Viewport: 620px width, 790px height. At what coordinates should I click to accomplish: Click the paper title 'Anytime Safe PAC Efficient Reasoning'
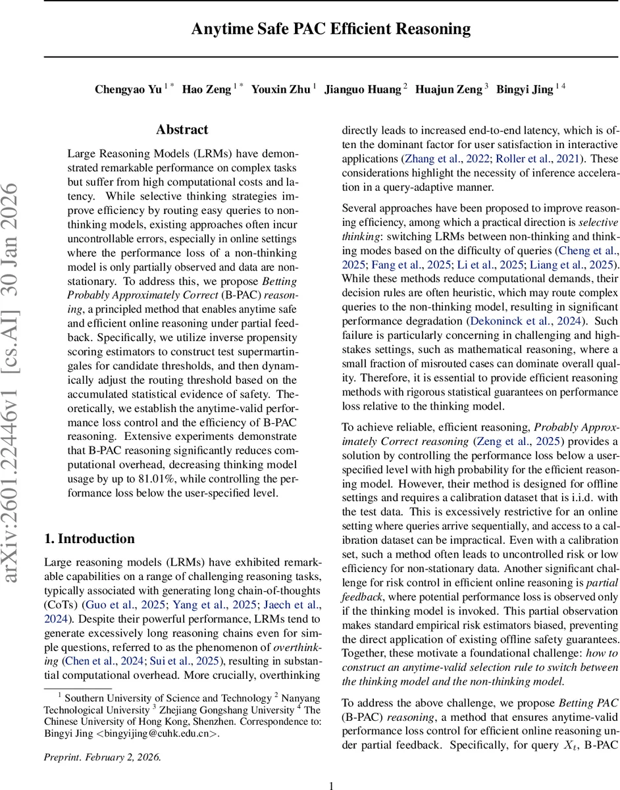(331, 29)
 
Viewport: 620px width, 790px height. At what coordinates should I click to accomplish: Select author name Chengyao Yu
(128, 90)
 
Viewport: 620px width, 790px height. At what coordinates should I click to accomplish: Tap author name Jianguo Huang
(362, 90)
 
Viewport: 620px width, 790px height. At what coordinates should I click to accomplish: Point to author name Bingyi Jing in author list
(524, 90)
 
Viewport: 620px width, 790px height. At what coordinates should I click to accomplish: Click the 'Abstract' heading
(182, 130)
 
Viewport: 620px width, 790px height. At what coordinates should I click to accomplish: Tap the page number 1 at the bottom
(331, 785)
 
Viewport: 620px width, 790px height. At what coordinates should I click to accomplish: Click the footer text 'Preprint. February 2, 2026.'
(102, 756)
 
